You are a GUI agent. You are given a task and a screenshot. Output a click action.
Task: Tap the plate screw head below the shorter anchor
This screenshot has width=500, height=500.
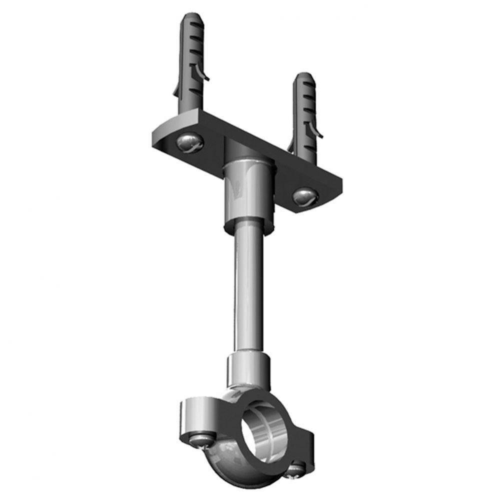tap(303, 196)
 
